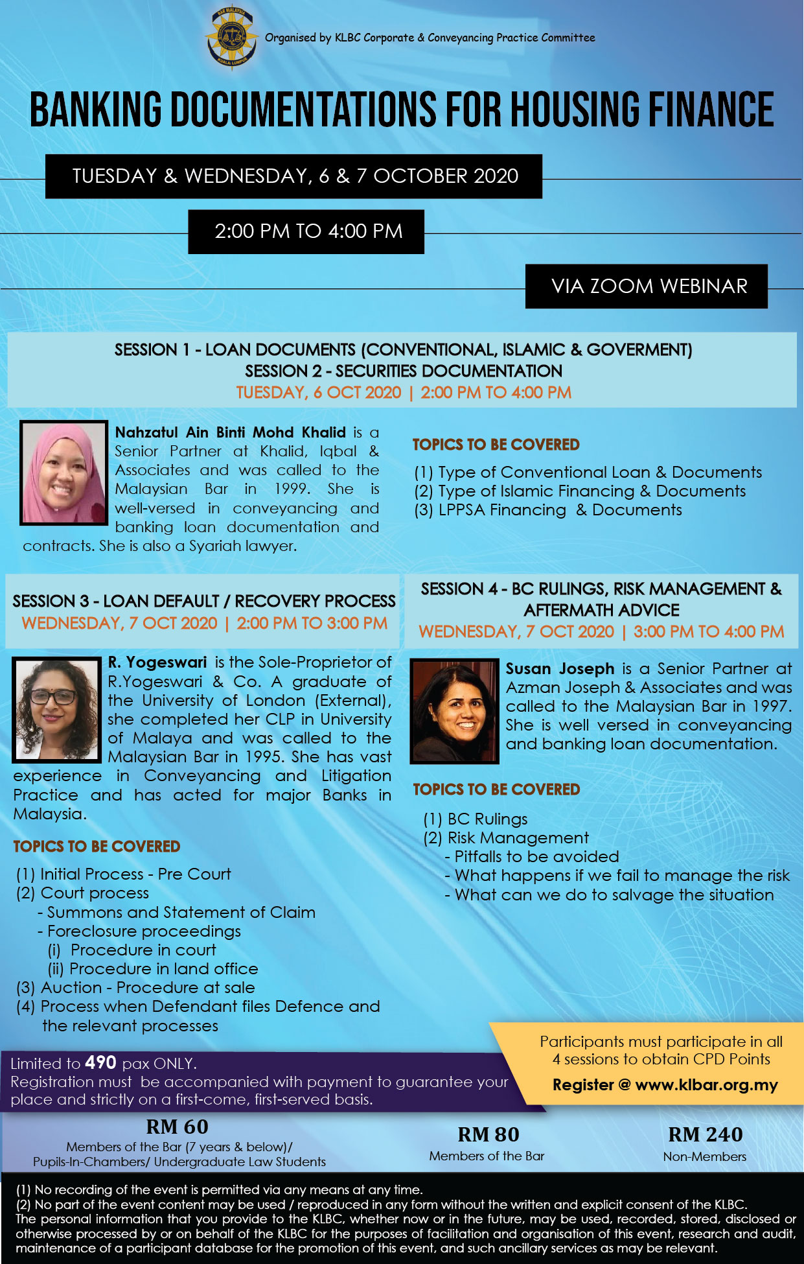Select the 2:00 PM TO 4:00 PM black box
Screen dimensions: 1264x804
click(306, 231)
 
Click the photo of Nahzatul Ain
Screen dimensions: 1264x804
click(63, 472)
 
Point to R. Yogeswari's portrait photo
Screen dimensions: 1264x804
click(58, 709)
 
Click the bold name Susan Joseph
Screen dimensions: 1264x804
click(560, 668)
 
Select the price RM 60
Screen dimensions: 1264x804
click(178, 1127)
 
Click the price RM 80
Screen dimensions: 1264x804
click(488, 1134)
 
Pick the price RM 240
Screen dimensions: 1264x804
click(705, 1134)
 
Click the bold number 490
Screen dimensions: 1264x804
click(100, 1062)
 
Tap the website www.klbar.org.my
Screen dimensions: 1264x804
click(706, 1085)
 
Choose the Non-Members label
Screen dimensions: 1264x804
click(704, 1156)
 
